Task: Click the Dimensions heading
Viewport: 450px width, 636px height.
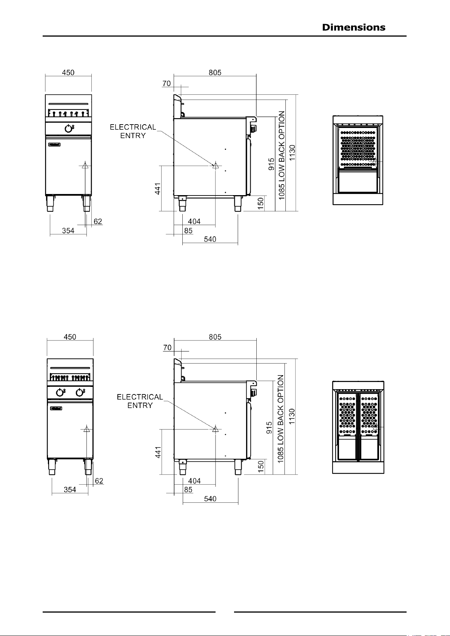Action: (x=354, y=27)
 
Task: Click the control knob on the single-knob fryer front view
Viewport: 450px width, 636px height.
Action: (x=68, y=129)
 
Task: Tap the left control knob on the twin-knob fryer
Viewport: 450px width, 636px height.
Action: (x=60, y=393)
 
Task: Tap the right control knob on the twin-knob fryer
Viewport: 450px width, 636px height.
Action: (x=80, y=393)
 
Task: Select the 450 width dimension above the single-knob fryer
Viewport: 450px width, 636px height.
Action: (x=68, y=73)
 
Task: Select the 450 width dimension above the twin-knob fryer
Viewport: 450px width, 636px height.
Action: (x=70, y=337)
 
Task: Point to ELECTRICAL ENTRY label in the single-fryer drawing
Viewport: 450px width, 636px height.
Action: (x=133, y=131)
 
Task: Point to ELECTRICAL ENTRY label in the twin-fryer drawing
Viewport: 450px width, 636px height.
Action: (x=140, y=401)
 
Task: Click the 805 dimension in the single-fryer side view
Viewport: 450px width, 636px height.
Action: (x=215, y=73)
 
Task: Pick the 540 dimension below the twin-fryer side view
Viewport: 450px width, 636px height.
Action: (x=210, y=499)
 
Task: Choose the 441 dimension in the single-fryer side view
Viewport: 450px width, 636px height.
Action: (x=157, y=189)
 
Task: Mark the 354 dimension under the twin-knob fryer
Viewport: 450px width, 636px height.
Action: (x=70, y=490)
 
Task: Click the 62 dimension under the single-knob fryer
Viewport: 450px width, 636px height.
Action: (x=98, y=221)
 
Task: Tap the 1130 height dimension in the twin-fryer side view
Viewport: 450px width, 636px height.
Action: (x=292, y=417)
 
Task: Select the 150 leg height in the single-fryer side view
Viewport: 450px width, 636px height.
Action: (x=260, y=203)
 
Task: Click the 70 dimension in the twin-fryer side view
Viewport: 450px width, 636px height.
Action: (x=167, y=348)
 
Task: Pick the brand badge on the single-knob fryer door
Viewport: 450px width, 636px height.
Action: (x=54, y=145)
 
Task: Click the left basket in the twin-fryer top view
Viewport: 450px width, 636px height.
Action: (x=347, y=414)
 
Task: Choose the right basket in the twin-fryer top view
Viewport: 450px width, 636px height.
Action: (x=369, y=414)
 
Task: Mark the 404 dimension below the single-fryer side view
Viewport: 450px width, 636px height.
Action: (x=194, y=221)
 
